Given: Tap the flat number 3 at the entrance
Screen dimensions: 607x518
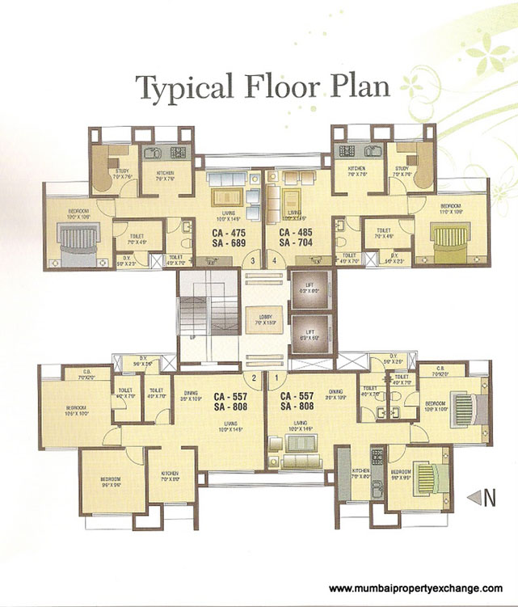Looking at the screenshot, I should click(x=253, y=261).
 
